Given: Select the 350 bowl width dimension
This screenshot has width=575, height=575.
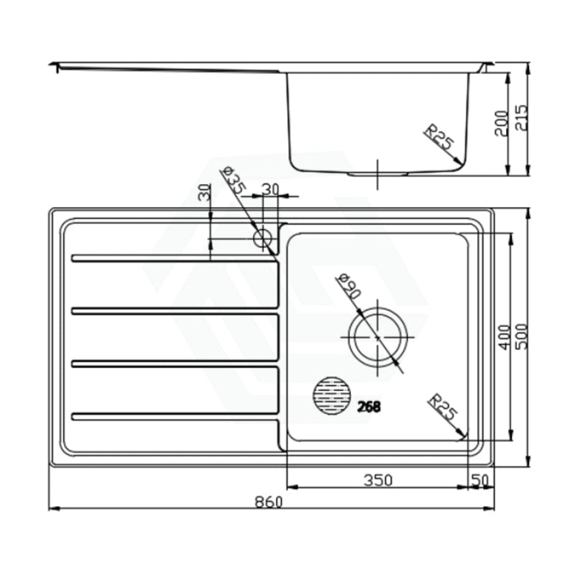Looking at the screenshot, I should pos(378,480).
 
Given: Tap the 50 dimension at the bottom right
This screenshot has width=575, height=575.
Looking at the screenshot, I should pos(480,480).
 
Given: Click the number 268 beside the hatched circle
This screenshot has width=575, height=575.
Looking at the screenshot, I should pos(369,406).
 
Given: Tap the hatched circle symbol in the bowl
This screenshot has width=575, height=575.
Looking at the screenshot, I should pos(333,396).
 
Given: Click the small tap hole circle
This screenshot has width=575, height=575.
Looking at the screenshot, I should pos(263,238).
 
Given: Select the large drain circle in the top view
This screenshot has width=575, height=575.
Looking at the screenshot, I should pos(378,337).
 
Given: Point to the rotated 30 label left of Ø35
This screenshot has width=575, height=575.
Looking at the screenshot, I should pos(205,193).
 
